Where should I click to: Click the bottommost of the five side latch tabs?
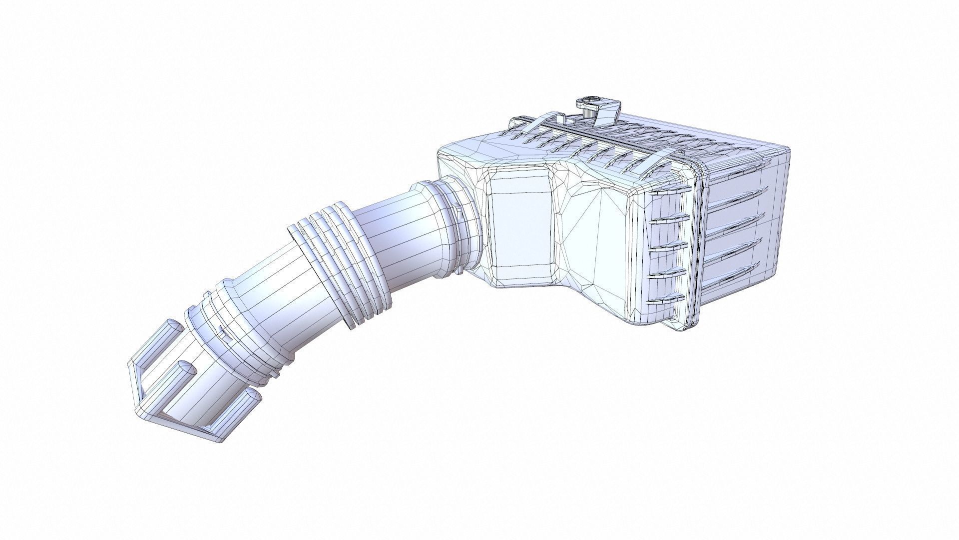[x=665, y=300]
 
